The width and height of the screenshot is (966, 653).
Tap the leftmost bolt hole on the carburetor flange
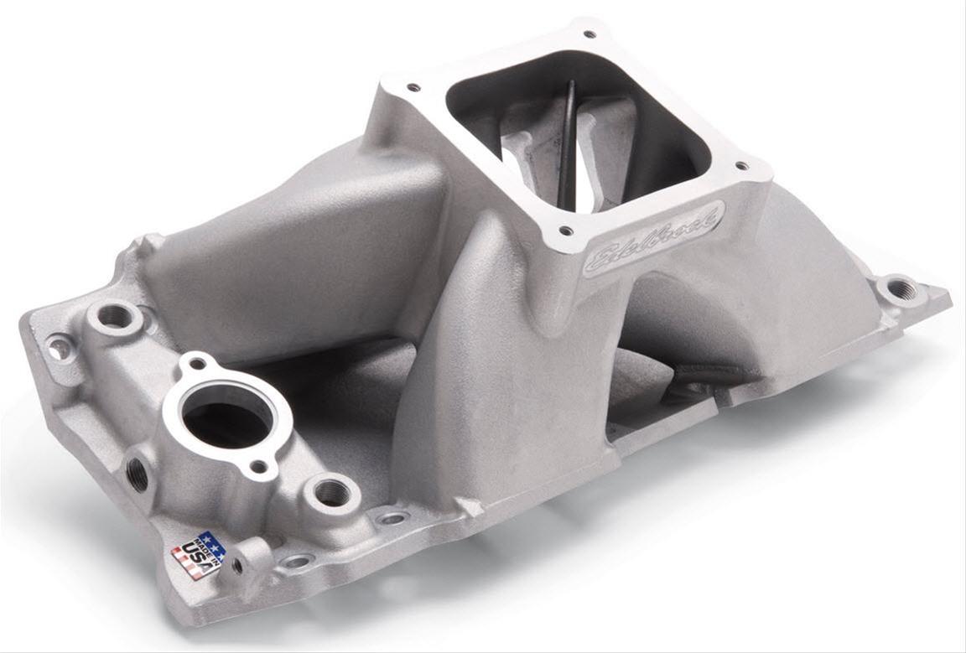click(x=412, y=86)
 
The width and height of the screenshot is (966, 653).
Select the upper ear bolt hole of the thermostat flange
click(x=197, y=364)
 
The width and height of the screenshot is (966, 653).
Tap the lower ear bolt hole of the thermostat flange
click(x=260, y=466)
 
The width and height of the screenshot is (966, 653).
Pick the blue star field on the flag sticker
click(x=210, y=543)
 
